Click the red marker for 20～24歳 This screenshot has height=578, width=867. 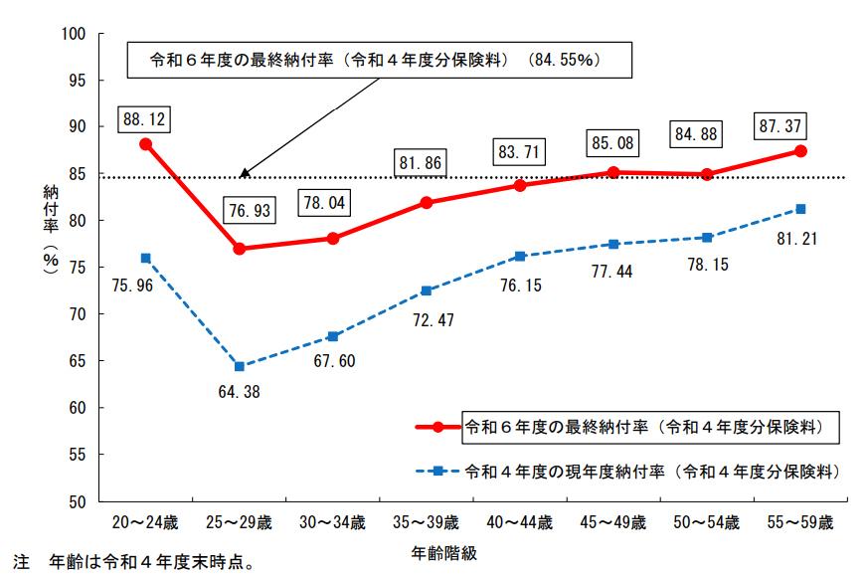click(x=145, y=144)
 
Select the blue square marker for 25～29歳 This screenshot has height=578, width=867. click(x=239, y=366)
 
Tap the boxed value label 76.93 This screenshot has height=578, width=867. click(x=247, y=211)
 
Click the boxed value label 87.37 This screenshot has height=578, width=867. click(x=782, y=126)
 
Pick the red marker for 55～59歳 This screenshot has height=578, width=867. click(x=800, y=151)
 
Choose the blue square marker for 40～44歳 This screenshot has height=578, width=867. click(x=520, y=257)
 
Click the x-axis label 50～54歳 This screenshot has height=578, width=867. click(x=707, y=522)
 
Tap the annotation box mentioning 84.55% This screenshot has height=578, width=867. click(x=380, y=59)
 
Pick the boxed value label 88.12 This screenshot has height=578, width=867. click(x=145, y=120)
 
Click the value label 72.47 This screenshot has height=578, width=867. click(x=426, y=322)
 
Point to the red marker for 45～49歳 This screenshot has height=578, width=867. click(x=613, y=172)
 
